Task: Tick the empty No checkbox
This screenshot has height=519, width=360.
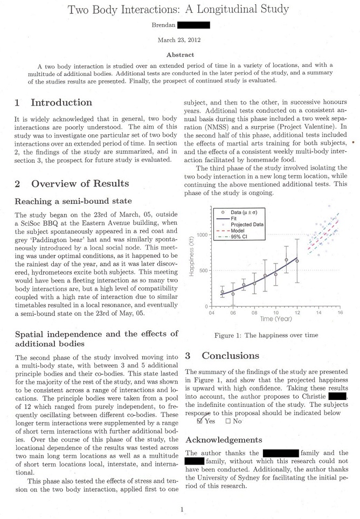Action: point(228,421)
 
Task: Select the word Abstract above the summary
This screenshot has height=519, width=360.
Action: point(180,55)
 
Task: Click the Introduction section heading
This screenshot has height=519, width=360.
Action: point(61,102)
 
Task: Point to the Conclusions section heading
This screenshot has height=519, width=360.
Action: point(230,356)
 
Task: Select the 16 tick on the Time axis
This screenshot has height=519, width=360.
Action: point(340,312)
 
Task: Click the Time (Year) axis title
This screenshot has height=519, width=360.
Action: point(276,319)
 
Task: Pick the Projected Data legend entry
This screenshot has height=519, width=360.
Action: point(247,224)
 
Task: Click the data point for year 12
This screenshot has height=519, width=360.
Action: point(297,261)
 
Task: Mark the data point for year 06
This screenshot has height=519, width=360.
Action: point(233,294)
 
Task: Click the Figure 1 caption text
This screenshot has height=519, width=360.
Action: point(266,335)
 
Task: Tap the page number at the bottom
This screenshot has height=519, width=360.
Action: point(182,509)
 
